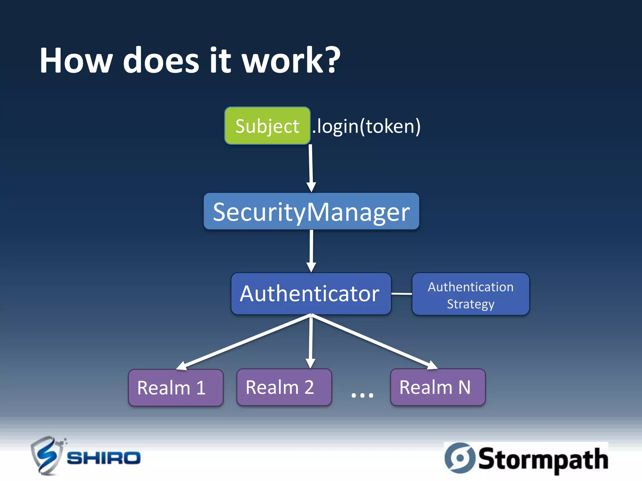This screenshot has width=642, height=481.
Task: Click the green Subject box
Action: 267,126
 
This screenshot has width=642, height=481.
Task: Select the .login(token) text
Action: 366,127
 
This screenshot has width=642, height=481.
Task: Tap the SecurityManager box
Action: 311,211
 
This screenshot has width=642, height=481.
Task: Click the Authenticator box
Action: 311,294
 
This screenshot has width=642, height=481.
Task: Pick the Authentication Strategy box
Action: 470,294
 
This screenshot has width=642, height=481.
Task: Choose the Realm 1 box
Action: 176,387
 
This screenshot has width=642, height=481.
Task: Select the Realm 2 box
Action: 284,387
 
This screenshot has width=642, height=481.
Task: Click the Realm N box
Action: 438,387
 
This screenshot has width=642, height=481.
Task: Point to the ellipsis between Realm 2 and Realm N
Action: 362,395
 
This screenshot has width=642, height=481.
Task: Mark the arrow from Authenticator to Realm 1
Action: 245,342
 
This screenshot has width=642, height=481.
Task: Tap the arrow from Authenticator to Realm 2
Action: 311,341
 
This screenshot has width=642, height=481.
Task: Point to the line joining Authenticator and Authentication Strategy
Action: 402,294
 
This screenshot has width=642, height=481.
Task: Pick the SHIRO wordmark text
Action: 103,458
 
